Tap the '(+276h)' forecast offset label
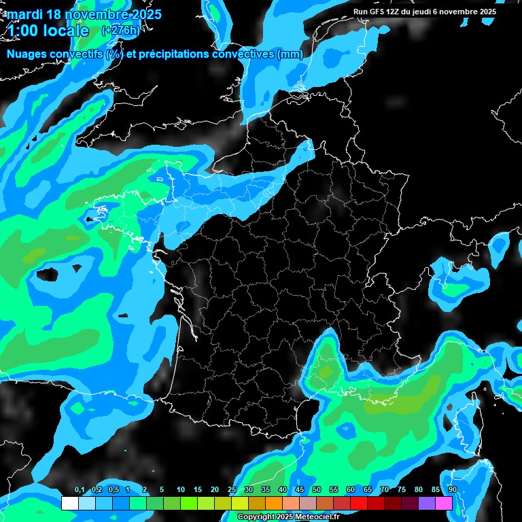[118, 31]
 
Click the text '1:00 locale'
[49, 31]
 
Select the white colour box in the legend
[69, 503]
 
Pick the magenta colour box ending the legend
[444, 503]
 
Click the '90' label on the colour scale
[452, 489]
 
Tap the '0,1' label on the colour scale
[79, 489]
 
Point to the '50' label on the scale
[316, 489]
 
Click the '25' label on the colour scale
[231, 489]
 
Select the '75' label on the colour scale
[401, 489]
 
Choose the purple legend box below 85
[427, 503]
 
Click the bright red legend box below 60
[359, 503]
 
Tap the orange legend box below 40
[274, 503]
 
